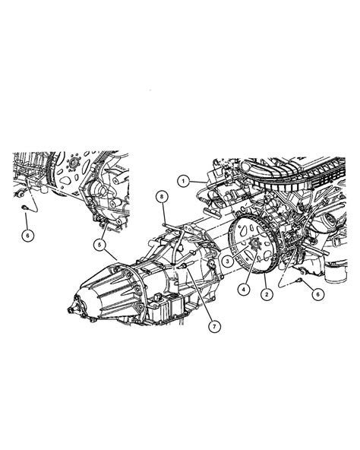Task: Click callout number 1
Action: tap(183, 182)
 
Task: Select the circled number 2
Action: tap(267, 294)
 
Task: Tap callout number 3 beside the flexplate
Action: tap(227, 261)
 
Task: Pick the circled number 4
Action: tap(244, 290)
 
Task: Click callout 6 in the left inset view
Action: tap(28, 236)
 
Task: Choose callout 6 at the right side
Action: tap(317, 294)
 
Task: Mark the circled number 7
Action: tap(215, 326)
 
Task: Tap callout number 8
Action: tap(162, 197)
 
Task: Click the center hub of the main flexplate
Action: tap(254, 245)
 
